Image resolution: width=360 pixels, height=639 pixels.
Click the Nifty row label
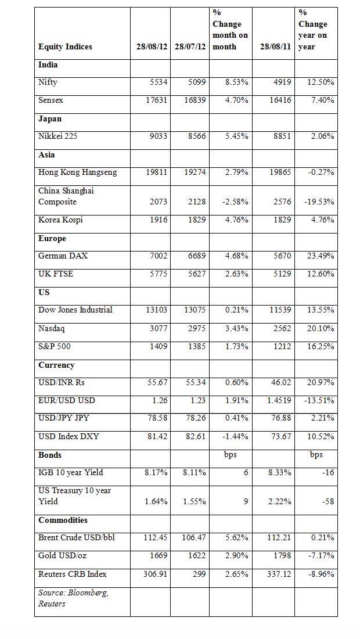(x=48, y=82)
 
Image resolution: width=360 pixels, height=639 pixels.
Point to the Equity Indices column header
(x=65, y=46)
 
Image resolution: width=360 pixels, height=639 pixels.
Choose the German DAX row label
(x=63, y=256)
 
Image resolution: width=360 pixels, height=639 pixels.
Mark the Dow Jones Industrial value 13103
(x=154, y=310)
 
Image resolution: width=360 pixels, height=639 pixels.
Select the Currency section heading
(x=56, y=365)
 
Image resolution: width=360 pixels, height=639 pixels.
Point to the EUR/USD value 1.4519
(x=276, y=401)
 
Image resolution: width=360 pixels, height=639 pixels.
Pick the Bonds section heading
(x=50, y=455)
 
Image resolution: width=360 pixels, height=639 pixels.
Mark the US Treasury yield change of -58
(x=328, y=501)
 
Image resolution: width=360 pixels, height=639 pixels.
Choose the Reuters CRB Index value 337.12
(x=278, y=574)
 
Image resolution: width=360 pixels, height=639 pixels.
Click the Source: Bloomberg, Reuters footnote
(x=74, y=598)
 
